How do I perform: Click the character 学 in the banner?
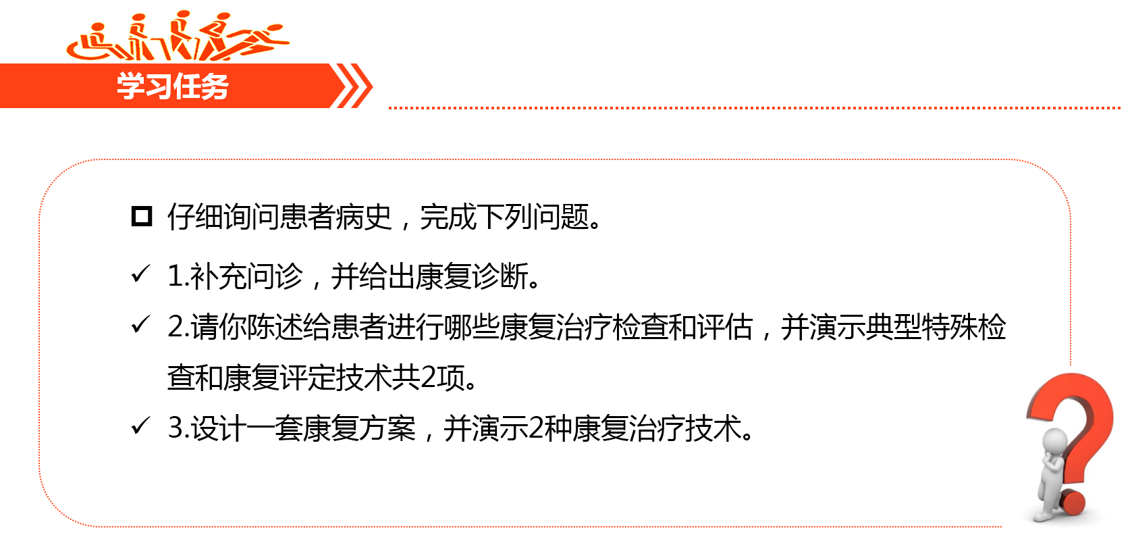click(130, 86)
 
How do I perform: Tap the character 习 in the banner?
click(158, 86)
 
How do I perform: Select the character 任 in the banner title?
click(186, 86)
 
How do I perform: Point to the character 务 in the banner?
click(215, 86)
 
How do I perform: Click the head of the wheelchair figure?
click(99, 28)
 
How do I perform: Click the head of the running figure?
click(275, 28)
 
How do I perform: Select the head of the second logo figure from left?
click(139, 18)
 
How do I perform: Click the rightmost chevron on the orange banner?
click(362, 86)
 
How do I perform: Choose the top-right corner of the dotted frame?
click(1056, 176)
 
